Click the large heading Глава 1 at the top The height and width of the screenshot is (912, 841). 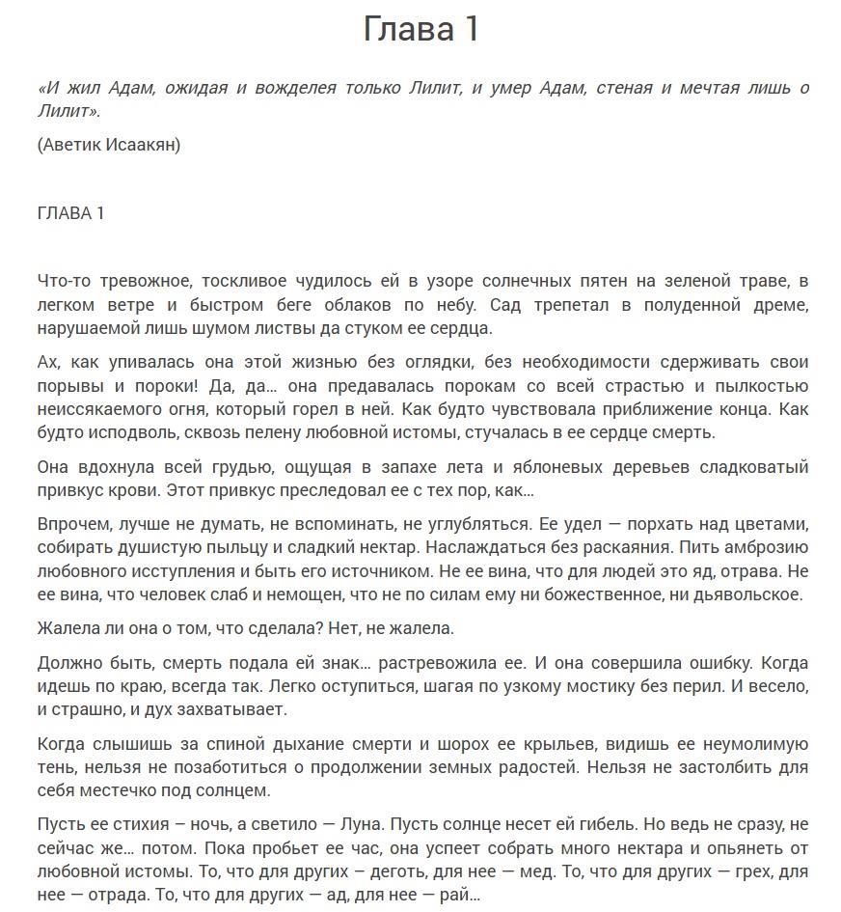coord(420,29)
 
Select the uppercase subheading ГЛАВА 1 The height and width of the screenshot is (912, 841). coord(70,213)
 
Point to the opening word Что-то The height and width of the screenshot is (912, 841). coord(63,281)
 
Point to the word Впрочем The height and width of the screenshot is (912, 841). coord(73,525)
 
